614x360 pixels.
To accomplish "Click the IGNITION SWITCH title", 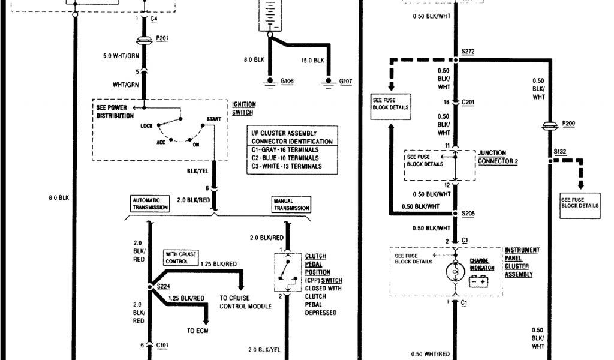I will tap(242, 108).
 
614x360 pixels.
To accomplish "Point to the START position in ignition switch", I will tap(213, 119).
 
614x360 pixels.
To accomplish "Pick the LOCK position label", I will tap(146, 126).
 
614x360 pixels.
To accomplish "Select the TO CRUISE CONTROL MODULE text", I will tap(246, 302).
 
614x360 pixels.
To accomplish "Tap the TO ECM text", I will tap(198, 331).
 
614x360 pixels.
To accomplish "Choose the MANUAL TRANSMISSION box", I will tap(291, 205).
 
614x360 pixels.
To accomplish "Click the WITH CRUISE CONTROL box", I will tap(180, 257).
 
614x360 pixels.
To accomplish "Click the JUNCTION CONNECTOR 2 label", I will tap(498, 157).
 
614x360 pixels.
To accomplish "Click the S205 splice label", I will tap(468, 214).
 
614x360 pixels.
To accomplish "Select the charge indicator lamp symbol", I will tap(455, 272).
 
